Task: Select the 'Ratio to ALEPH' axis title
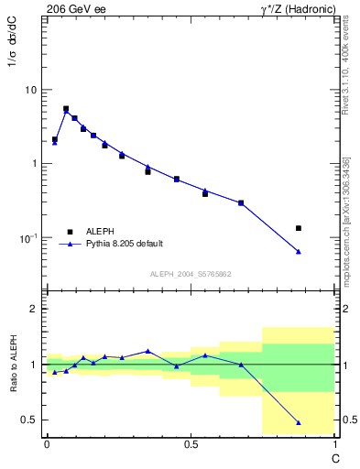12,364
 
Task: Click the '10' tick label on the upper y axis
30,91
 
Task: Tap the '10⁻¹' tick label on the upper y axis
28,237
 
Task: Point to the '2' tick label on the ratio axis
34,310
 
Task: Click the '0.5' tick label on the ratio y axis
27,420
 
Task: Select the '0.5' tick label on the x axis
191,444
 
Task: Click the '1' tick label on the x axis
334,444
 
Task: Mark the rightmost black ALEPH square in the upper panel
299,228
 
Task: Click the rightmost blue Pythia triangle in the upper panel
299,251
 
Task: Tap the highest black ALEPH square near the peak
66,109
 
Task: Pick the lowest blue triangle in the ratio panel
299,422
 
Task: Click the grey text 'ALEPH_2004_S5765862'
190,274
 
